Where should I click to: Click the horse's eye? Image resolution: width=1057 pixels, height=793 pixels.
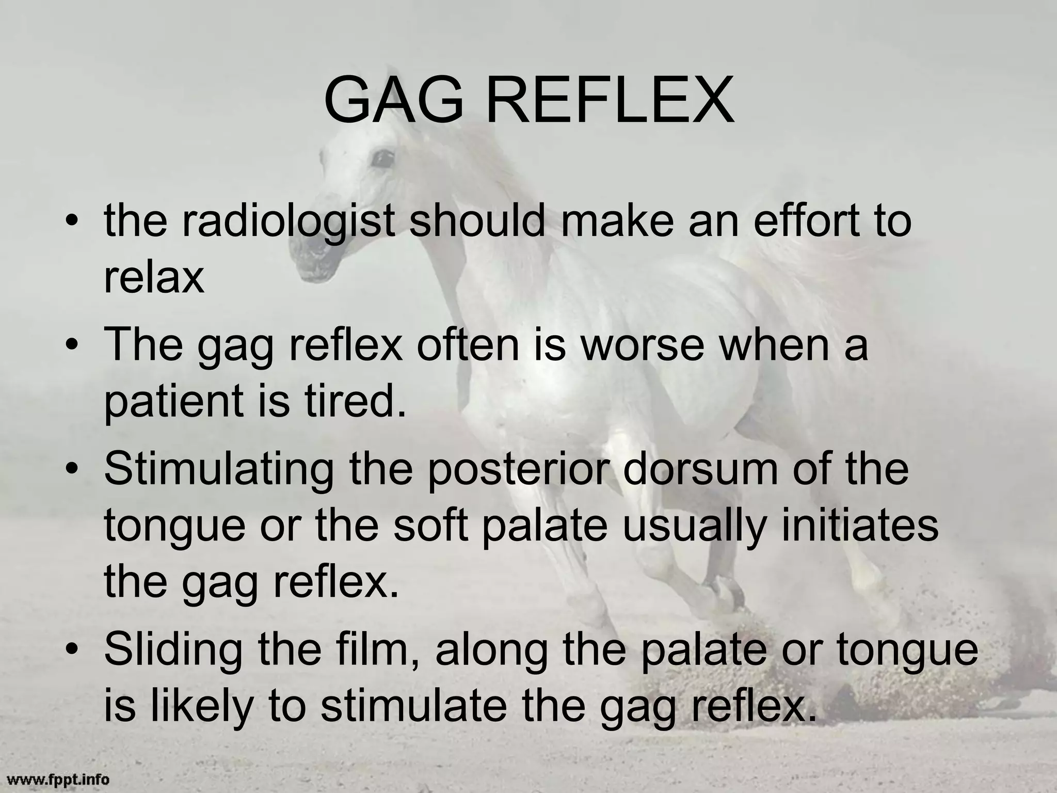click(381, 158)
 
